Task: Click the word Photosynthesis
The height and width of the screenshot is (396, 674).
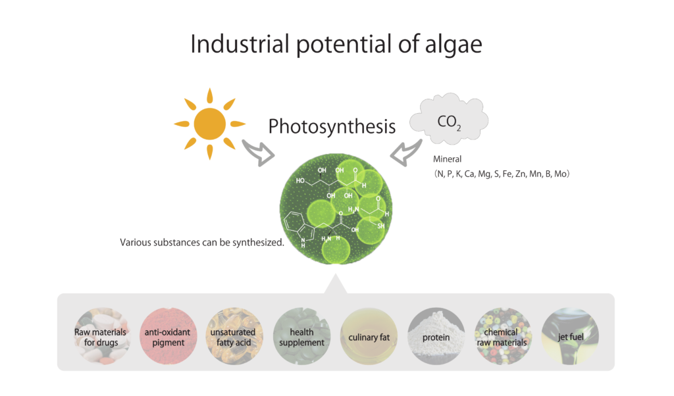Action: [x=332, y=127]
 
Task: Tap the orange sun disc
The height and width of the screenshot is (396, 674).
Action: [x=210, y=124]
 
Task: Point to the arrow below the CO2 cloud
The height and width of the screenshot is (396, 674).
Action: [x=405, y=153]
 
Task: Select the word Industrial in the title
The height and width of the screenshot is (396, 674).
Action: [x=240, y=44]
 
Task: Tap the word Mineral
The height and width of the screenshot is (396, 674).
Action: [x=447, y=159]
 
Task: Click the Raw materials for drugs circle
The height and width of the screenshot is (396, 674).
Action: [x=101, y=336]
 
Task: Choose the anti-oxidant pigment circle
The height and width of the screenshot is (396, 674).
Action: [x=168, y=336]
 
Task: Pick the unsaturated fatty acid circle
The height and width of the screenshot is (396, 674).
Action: [x=234, y=336]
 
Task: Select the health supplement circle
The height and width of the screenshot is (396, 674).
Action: [x=301, y=336]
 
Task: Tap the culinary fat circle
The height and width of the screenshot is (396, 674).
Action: [x=369, y=336]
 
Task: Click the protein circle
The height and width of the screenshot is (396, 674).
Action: [x=436, y=336]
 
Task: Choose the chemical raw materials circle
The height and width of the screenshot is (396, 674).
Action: [x=502, y=336]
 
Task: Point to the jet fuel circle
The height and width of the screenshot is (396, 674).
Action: [x=570, y=336]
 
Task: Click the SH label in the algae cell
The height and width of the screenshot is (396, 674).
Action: [x=381, y=226]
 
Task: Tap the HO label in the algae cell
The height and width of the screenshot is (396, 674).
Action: [x=300, y=181]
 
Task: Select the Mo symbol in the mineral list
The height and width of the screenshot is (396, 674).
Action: [x=560, y=174]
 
